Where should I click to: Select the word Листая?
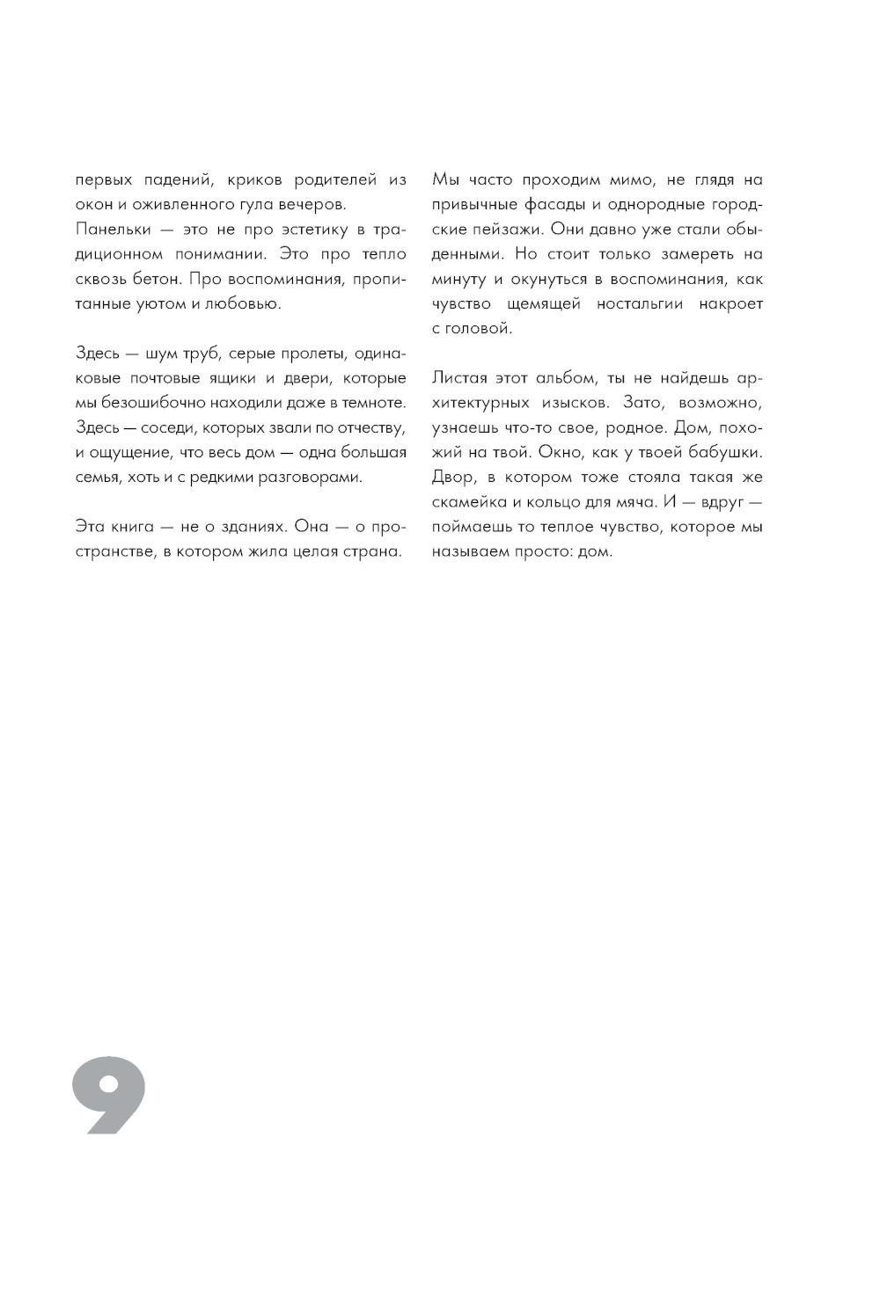click(459, 378)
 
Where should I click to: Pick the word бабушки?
click(724, 453)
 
